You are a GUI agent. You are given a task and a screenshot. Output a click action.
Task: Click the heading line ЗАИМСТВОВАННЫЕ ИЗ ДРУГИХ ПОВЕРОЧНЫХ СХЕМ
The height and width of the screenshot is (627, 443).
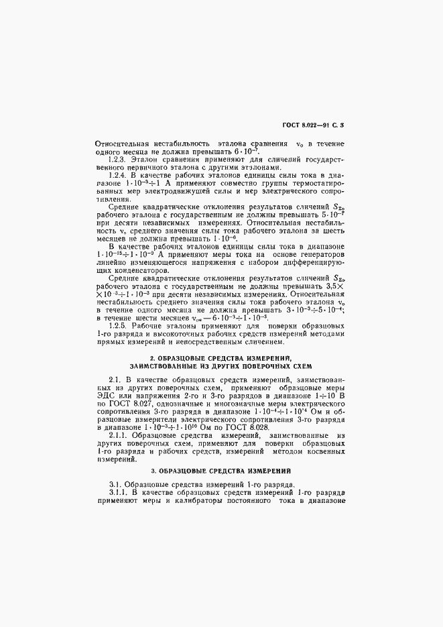(x=220, y=367)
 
